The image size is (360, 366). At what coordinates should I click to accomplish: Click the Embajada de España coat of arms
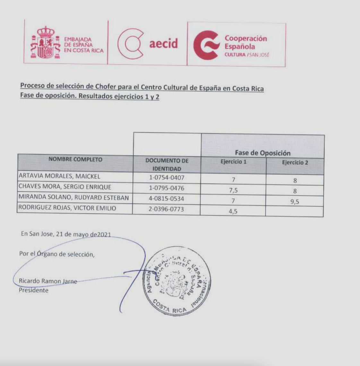[45, 43]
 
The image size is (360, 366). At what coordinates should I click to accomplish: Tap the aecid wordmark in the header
[163, 44]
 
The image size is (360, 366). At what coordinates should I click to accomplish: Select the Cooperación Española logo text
[246, 43]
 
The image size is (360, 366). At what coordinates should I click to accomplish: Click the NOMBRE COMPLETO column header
[75, 159]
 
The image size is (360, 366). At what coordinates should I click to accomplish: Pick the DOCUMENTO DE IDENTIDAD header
[167, 164]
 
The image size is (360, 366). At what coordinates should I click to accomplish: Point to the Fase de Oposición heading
[262, 153]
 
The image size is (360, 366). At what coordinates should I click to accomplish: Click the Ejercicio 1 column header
[233, 162]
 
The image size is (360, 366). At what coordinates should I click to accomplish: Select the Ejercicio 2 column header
[295, 162]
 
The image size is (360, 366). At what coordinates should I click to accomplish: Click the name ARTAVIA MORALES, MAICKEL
[59, 176]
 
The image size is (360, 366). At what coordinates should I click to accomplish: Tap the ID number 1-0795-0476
[167, 188]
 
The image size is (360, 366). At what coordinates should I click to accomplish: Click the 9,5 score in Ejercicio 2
[295, 202]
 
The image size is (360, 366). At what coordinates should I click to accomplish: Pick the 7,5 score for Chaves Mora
[233, 191]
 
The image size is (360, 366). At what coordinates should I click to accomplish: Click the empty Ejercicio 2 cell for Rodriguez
[295, 212]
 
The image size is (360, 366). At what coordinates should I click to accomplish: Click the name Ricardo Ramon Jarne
[48, 281]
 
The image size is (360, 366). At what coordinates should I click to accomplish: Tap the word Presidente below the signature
[33, 290]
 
